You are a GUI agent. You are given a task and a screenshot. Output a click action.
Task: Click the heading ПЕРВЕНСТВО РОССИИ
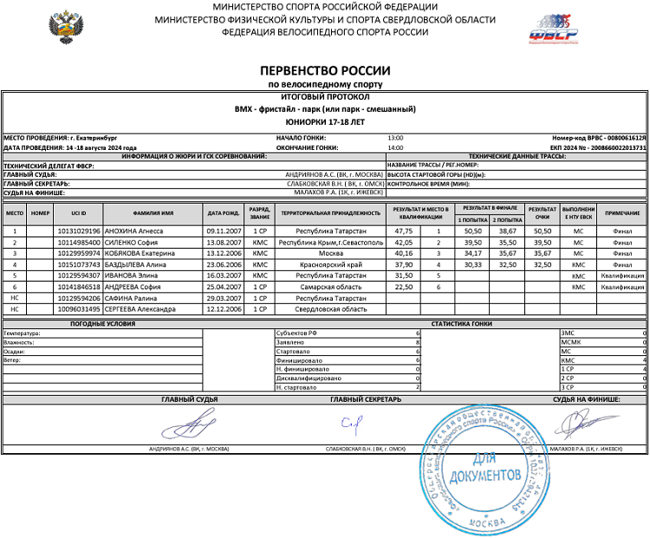tap(325, 71)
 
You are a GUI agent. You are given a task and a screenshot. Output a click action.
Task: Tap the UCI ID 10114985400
tap(79, 243)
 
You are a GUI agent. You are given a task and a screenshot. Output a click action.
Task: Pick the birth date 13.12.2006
tap(222, 253)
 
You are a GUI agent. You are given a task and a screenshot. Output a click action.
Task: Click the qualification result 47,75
tap(403, 231)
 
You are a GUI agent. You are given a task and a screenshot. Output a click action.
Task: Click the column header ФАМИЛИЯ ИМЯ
tap(153, 212)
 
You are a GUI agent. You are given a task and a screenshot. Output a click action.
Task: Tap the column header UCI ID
tap(79, 212)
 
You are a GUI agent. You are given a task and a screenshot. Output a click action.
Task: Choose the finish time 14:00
tap(395, 147)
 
